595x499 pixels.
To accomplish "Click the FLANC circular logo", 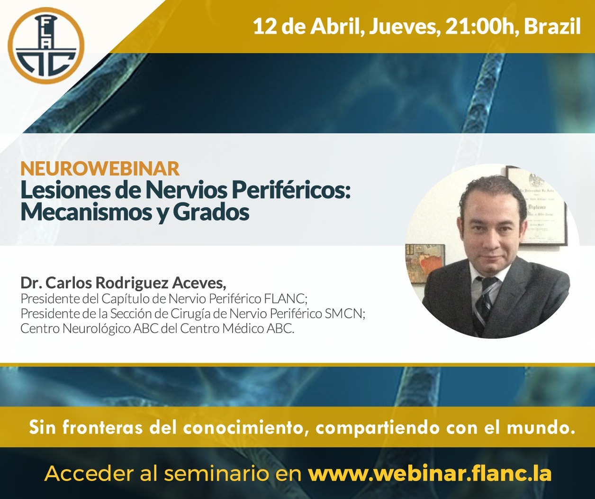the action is click(46, 46).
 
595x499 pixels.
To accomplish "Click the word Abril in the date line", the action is click(337, 27).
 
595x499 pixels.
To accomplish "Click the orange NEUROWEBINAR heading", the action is click(100, 168).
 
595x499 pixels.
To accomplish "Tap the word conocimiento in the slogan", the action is click(243, 428).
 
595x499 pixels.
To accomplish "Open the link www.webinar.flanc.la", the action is click(430, 473).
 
